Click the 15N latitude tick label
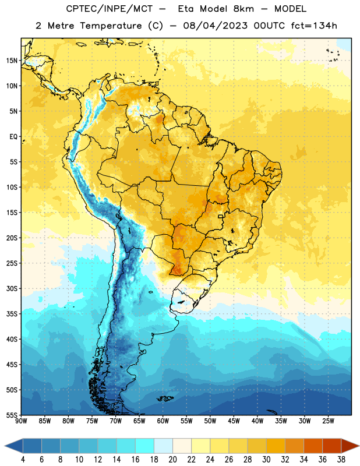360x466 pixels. point(12,61)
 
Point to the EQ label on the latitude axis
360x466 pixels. point(13,137)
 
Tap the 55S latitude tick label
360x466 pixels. point(12,415)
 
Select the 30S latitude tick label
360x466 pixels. point(12,288)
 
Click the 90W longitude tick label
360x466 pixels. point(21,421)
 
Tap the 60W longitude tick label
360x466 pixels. point(163,421)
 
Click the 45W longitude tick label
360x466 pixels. point(234,421)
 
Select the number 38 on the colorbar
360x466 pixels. point(341,460)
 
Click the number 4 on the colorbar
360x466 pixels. point(23,460)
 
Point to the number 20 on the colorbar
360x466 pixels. point(172,460)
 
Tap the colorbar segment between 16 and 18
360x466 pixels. point(145,446)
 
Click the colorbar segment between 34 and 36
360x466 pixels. point(313,446)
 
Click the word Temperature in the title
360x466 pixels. point(111,26)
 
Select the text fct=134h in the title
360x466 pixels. point(314,26)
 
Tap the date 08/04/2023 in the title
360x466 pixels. point(215,26)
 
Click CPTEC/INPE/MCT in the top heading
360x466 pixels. point(110,9)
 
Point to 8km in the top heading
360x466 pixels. point(243,9)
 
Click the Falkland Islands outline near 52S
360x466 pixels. point(165,398)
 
